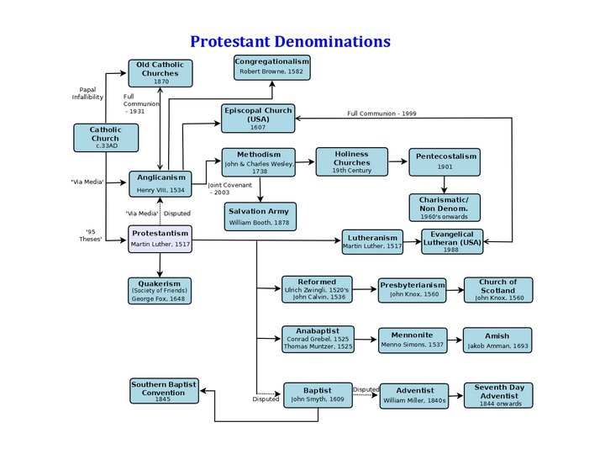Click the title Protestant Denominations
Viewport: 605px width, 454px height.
[x=290, y=41]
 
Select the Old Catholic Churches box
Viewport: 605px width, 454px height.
[x=160, y=73]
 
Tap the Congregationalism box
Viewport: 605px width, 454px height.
[x=271, y=67]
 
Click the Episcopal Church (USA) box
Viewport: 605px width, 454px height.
[x=258, y=119]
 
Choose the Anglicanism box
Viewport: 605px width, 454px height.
[x=160, y=183]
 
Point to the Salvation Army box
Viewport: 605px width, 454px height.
[x=260, y=216]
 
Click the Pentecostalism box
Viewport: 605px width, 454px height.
[x=446, y=161]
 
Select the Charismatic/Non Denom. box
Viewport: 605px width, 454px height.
[x=450, y=207]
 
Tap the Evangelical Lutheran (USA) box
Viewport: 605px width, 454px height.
[x=453, y=241]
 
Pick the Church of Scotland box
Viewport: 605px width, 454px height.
[x=498, y=290]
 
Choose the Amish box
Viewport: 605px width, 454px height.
[x=497, y=340]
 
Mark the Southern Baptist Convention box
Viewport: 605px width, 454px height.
[x=163, y=391]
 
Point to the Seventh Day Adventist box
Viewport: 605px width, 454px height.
[x=498, y=395]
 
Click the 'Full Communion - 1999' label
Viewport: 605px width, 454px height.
[x=381, y=113]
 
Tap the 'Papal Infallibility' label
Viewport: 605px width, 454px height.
[x=87, y=92]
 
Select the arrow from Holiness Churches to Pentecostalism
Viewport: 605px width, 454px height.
[x=399, y=161]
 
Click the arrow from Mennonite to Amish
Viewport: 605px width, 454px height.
[x=454, y=340]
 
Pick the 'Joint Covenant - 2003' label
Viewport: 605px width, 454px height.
[x=219, y=188]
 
